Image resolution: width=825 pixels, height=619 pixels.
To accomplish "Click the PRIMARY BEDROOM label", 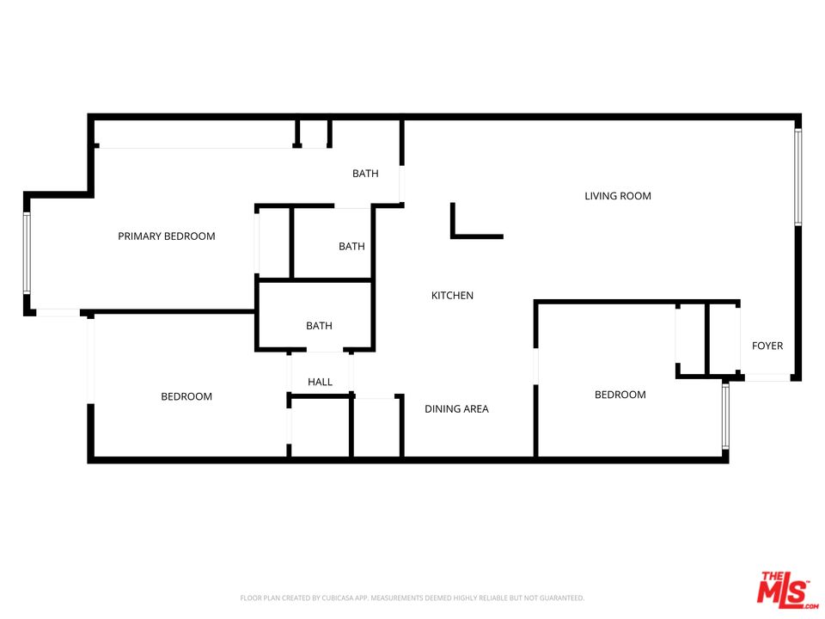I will coord(167,236).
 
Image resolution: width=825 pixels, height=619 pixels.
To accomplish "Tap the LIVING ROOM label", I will coord(618,196).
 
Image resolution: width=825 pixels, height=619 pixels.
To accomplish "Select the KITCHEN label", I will coord(452,296).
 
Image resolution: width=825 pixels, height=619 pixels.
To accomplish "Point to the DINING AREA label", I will coord(456,409).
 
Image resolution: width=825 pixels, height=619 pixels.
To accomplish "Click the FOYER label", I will coord(767,346).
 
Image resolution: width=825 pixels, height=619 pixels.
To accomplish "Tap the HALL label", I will coord(320,383).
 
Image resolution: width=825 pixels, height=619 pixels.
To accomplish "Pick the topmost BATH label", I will coord(365,175).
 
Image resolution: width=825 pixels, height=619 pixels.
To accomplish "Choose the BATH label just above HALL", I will coord(319,326).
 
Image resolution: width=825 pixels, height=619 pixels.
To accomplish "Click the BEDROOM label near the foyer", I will coord(620,395).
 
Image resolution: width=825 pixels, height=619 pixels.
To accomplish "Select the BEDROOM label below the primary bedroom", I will coord(186,396).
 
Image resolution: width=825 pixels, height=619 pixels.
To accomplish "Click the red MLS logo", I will coord(783,589).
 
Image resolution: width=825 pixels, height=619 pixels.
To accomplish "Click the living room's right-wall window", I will coord(797,177).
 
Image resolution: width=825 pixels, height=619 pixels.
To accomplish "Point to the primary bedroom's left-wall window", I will coord(27,254).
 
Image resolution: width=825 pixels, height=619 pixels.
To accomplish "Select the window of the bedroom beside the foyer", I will coord(725,416).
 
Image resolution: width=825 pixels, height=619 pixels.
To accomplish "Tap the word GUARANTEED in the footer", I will coord(559,598).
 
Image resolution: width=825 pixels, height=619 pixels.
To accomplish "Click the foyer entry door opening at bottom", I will coord(767,377).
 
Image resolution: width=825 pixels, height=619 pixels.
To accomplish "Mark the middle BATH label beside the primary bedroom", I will coord(351,247).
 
